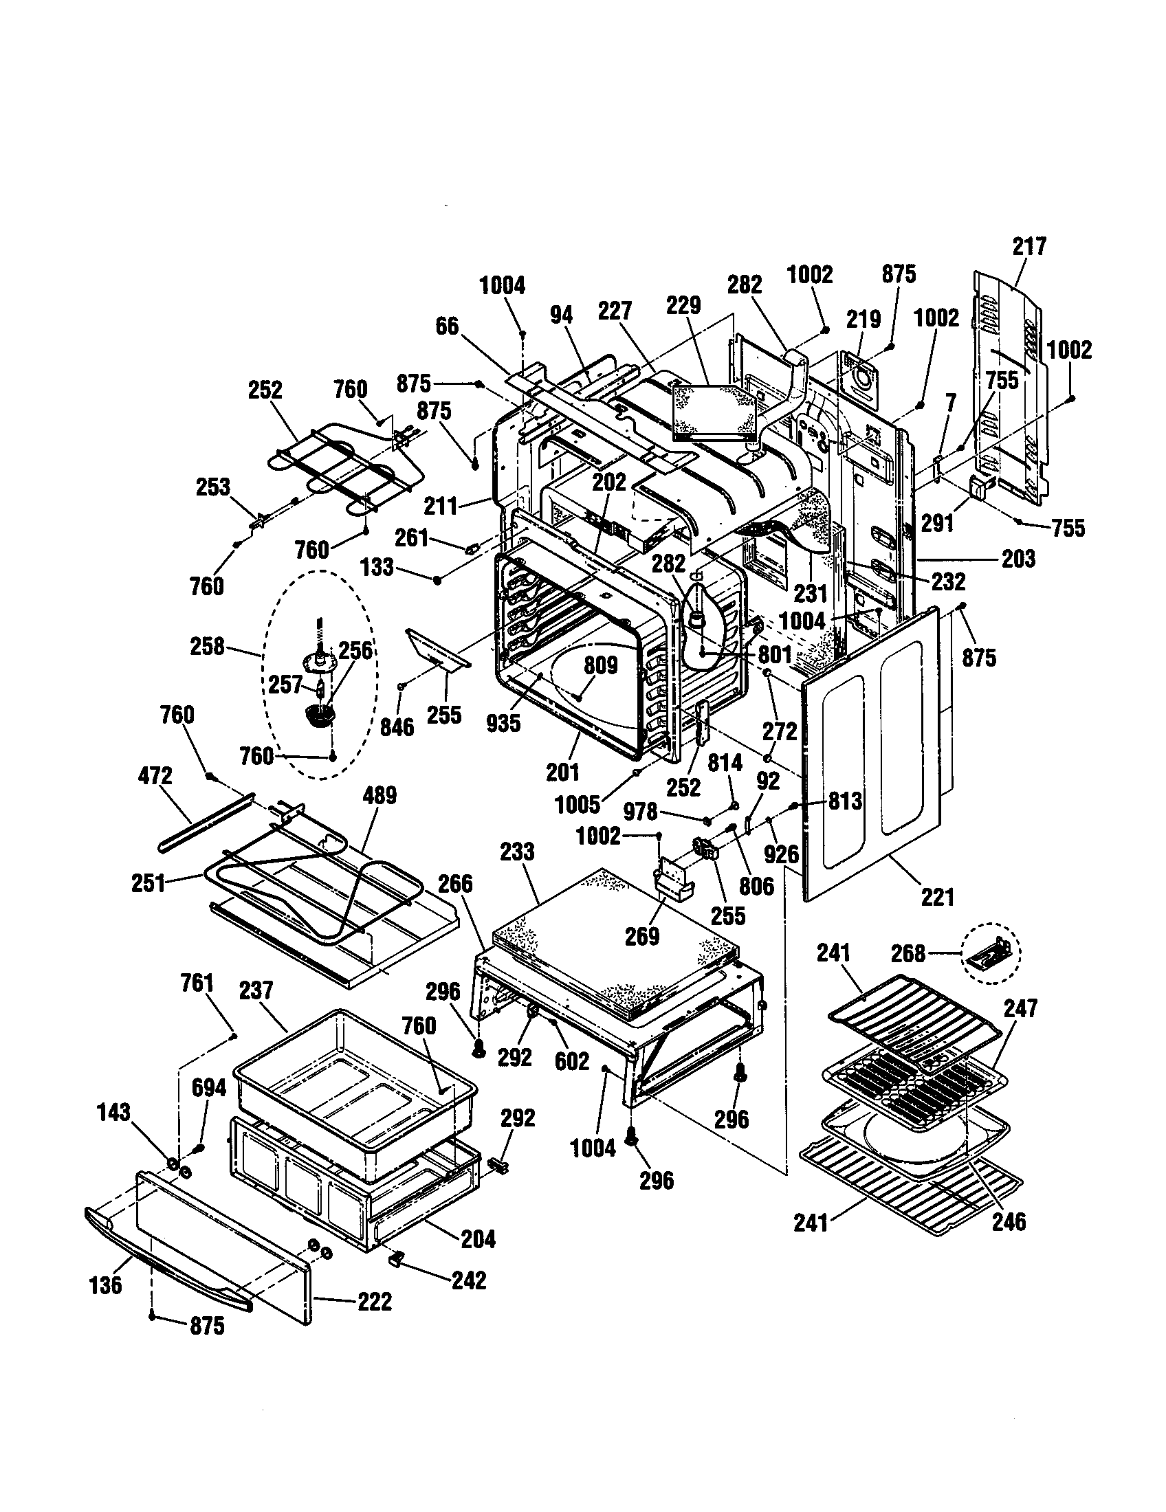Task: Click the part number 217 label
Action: (x=1029, y=247)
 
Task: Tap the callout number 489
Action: (x=379, y=795)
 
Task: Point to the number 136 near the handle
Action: (x=105, y=1286)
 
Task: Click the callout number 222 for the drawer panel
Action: (x=374, y=1302)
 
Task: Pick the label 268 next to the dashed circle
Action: (x=907, y=954)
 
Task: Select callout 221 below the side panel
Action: (x=937, y=898)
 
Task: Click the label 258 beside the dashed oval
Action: (x=207, y=647)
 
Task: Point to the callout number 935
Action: (x=503, y=723)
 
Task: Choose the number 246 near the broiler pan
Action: (x=1008, y=1222)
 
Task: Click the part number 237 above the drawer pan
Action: (x=256, y=990)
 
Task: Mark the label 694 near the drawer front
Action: (x=208, y=1089)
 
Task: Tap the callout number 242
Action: (x=469, y=1280)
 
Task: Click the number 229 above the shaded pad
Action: (x=683, y=305)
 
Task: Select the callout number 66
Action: (x=447, y=326)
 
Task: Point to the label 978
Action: (x=640, y=812)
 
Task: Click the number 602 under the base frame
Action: (x=571, y=1061)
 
